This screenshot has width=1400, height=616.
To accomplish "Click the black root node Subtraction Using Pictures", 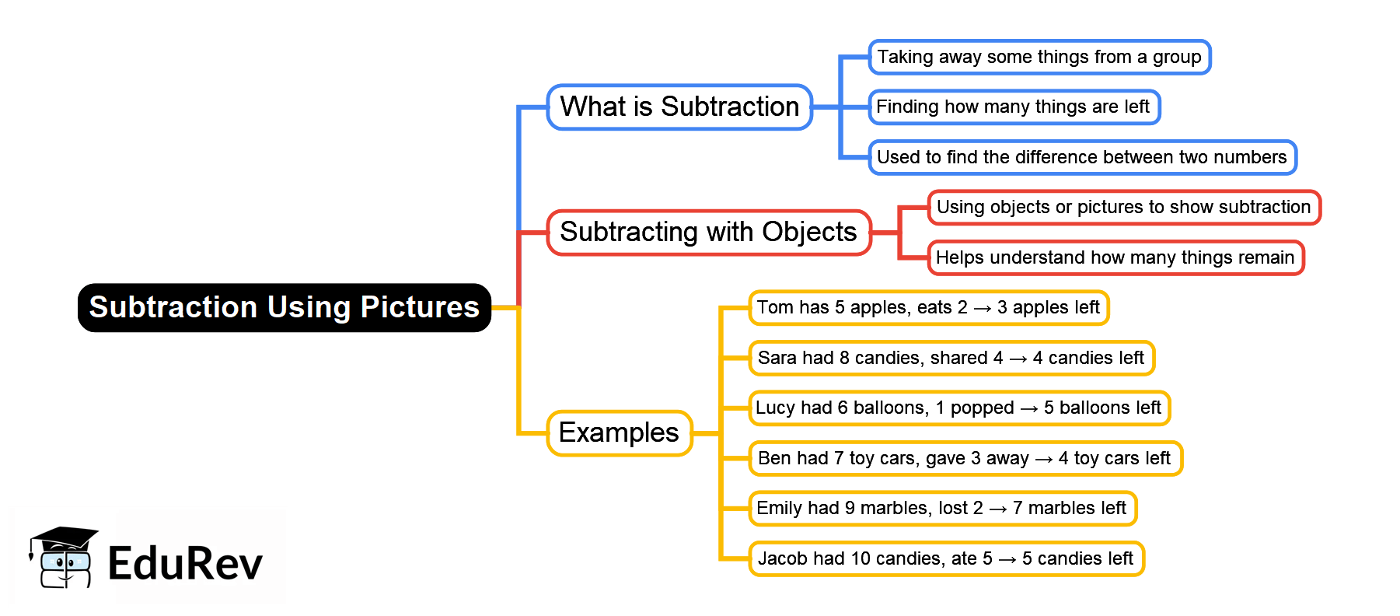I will pos(284,308).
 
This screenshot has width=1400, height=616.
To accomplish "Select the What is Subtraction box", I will pos(679,107).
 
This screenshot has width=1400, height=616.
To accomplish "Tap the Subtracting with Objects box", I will pos(708,233).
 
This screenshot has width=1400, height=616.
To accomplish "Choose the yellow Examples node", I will pos(619,433).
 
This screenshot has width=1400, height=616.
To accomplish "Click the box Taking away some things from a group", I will pos(1039,58).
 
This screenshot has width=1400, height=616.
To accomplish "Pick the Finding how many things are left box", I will pos(1013,107).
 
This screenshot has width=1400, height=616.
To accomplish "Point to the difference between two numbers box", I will pos(1081,158).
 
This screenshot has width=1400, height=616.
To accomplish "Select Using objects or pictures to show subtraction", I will pos(1123,208).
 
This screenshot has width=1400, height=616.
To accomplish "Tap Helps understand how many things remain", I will pos(1115,258).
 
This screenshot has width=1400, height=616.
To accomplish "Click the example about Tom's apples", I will pos(928,308).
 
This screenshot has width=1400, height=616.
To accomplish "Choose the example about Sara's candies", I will pos(951,359).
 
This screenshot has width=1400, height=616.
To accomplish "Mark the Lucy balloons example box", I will pos(958,408).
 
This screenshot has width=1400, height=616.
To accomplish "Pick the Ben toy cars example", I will pos(964,459).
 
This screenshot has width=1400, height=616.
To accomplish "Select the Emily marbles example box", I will pos(941,509).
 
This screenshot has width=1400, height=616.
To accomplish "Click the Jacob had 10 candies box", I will pos(945,559).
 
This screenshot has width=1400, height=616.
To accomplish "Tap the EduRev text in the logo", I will pos(185,564).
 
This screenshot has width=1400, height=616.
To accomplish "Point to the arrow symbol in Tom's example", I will pos(983,309).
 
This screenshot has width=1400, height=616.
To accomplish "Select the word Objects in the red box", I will pos(809,233).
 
